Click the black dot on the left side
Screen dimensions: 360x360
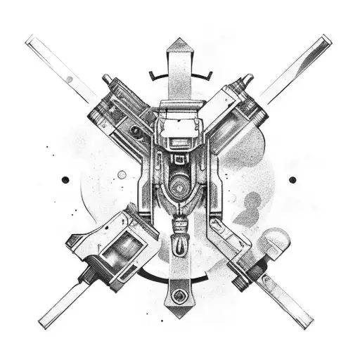[x=65, y=179]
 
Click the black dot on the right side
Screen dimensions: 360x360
[x=292, y=179]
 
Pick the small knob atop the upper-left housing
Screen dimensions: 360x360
[x=108, y=79]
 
